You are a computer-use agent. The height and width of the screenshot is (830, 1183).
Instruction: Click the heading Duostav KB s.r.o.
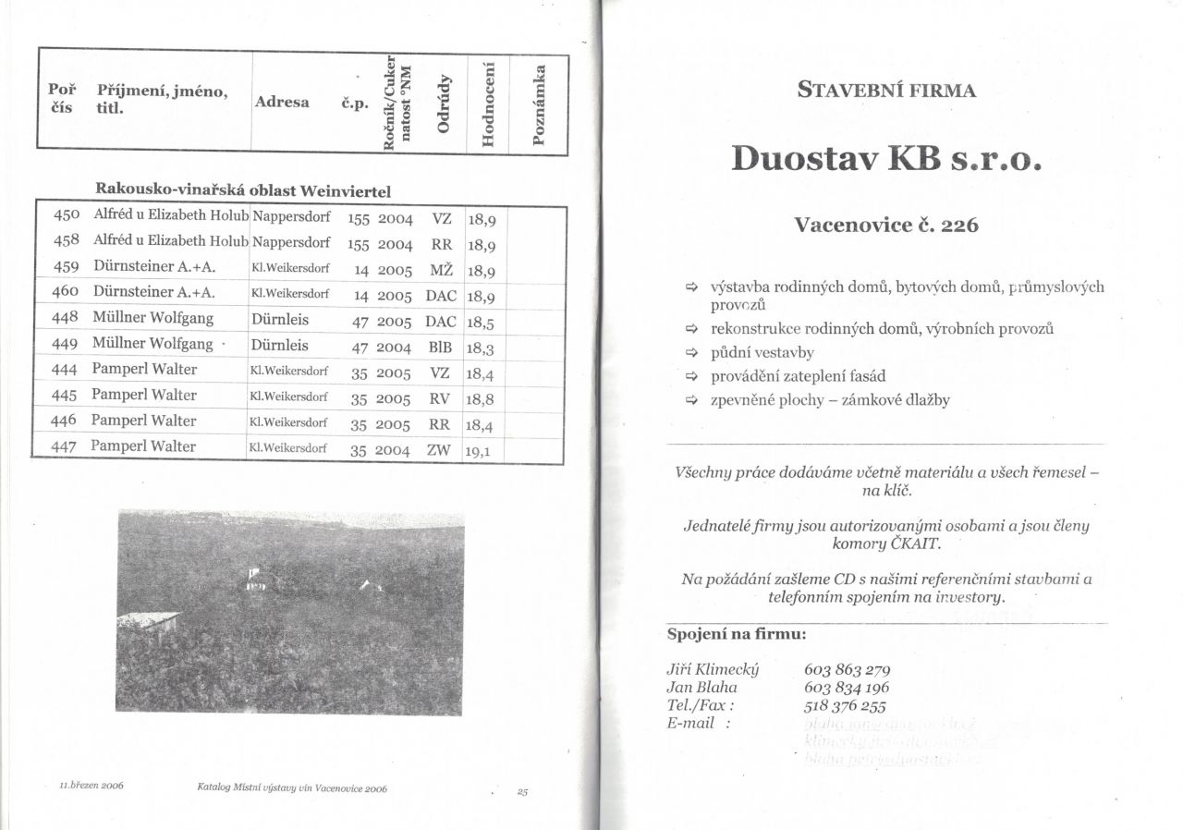(886, 159)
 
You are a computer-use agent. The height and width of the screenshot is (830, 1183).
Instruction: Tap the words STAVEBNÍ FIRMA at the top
(886, 91)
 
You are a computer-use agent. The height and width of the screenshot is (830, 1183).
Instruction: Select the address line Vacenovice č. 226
(886, 225)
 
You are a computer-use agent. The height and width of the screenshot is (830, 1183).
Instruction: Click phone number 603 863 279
(848, 670)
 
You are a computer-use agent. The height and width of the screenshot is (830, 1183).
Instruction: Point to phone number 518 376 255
(846, 705)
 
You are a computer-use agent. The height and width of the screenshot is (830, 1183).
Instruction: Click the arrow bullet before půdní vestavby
(689, 353)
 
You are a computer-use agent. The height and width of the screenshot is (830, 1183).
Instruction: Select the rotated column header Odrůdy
(445, 102)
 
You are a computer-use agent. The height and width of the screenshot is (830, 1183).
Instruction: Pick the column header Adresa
(282, 102)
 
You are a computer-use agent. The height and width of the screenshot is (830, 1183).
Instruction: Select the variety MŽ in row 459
(442, 271)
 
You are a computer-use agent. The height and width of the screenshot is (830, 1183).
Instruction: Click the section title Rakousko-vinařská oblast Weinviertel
(243, 190)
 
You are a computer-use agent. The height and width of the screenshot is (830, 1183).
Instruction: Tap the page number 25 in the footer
(522, 792)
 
